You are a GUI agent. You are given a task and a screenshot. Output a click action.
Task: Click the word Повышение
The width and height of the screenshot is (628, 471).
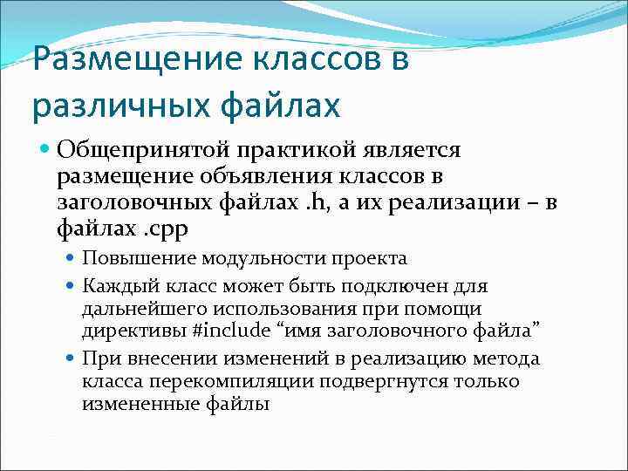click(138, 258)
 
